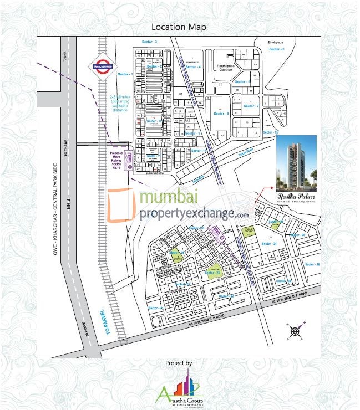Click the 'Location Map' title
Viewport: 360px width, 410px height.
180,27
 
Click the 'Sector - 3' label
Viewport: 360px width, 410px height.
150,42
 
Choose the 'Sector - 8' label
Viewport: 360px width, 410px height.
221,114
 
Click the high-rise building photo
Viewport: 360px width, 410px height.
296,162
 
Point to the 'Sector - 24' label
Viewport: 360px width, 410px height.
269,243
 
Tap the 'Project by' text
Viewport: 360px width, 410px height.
179,363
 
